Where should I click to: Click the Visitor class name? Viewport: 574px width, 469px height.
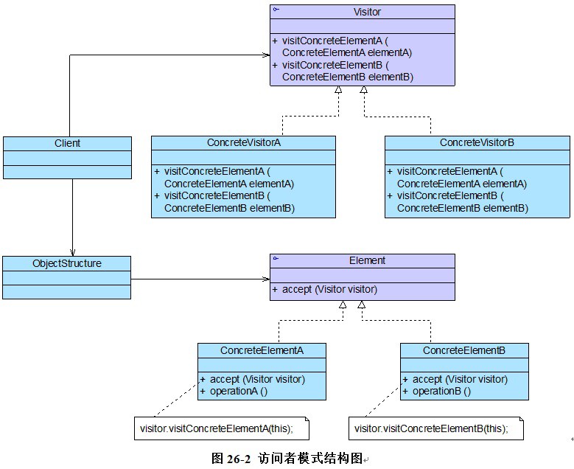point(367,12)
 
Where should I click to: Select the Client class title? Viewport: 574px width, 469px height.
point(67,143)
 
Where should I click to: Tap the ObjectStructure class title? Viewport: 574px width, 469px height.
point(67,263)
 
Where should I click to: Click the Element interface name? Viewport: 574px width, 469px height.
point(367,260)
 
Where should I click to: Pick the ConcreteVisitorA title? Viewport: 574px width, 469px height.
point(243,142)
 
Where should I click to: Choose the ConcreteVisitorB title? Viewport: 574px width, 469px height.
point(476,142)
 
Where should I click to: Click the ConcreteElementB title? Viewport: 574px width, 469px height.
point(464,350)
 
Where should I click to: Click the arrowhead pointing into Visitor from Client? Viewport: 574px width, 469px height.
point(265,55)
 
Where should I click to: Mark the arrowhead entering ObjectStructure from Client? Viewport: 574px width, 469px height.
point(72,251)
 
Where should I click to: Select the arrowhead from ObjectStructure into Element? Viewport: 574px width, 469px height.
point(265,279)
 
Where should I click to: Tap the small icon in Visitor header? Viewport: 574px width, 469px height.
point(276,10)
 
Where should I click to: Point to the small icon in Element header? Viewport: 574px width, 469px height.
point(276,259)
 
